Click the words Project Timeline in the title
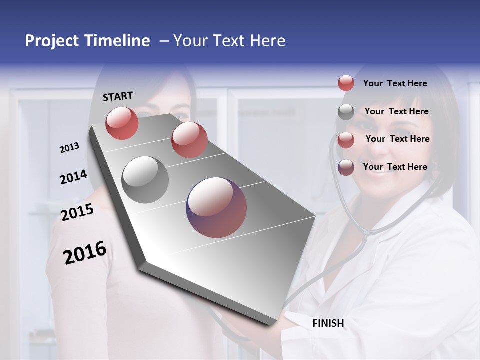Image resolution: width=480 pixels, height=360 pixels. pos(87,41)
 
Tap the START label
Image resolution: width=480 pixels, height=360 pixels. pos(118,96)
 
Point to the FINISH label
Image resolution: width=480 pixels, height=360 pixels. pos(328,323)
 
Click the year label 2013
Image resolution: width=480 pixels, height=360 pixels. pos(69,148)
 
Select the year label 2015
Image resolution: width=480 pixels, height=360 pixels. pos(77,213)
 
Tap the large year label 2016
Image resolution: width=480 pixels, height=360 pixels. pos(85,253)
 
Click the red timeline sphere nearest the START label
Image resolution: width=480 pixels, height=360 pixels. pos(122,123)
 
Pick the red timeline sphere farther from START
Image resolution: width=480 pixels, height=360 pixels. pos(189,140)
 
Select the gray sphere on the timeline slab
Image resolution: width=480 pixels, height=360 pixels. pos(145,180)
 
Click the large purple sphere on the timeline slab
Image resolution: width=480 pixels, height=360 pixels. pos(216,207)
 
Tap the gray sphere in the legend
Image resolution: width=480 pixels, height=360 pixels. pos(346,112)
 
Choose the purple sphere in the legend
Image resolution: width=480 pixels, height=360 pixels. pos(346,167)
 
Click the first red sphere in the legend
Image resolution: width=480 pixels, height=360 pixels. pos(346,83)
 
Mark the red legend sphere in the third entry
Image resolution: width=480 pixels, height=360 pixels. pos(346,140)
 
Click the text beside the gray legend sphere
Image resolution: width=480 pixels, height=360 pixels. pos(396,111)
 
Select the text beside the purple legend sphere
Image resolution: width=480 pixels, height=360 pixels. pos(395,167)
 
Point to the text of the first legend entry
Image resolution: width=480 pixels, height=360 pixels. pos(395,83)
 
